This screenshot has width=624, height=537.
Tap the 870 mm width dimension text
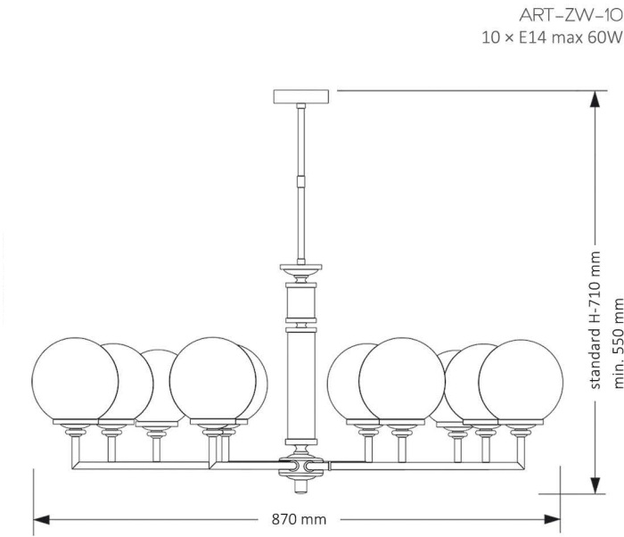coord(299,518)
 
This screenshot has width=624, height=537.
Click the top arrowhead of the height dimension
coord(594,97)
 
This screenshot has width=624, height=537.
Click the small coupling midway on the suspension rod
coord(302,180)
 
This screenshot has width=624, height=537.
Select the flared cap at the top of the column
coord(300,269)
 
